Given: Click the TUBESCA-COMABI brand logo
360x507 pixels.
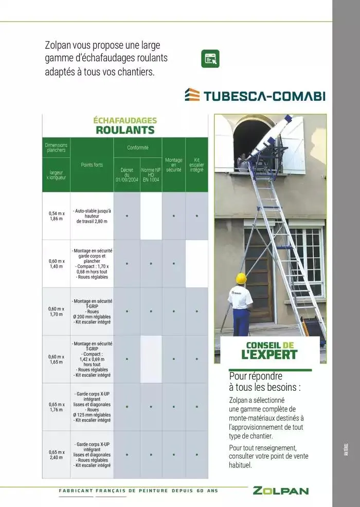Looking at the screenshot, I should [255, 96].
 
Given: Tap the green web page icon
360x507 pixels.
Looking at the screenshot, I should [210, 59].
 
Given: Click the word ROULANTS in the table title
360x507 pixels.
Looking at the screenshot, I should [125, 130].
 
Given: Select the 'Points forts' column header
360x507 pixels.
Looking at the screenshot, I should [92, 165].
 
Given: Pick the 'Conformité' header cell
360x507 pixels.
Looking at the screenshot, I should [138, 148].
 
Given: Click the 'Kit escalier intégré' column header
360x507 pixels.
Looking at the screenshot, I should [196, 165].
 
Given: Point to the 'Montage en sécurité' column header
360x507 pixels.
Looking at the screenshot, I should [174, 165].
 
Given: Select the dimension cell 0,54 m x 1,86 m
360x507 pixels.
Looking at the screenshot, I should [56, 216].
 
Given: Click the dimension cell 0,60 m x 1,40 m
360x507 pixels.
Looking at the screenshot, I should [56, 263].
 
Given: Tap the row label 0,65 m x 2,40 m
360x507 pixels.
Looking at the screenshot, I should [56, 455].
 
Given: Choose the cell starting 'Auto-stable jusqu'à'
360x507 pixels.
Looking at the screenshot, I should [92, 216].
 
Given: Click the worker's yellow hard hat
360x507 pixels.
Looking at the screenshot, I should [241, 278].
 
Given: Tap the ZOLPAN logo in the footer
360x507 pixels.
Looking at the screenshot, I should [281, 491].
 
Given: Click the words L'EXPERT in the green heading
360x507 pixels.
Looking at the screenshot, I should [269, 354].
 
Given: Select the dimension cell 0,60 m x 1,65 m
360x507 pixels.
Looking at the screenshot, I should [56, 359].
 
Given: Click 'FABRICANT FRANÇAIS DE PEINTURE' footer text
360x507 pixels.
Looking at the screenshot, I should [114, 491].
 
